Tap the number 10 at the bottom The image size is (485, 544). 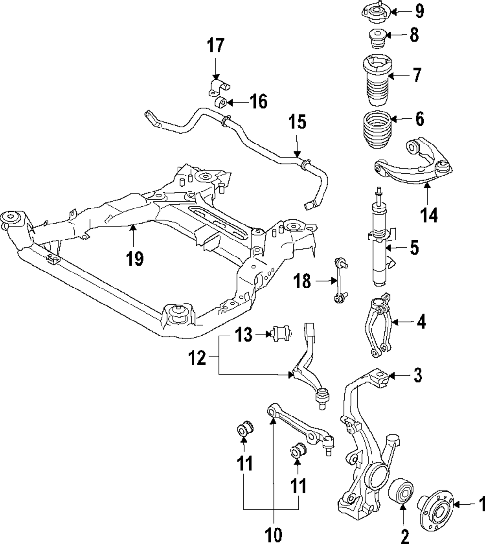point(273,534)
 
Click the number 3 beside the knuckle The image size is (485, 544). point(418,375)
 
